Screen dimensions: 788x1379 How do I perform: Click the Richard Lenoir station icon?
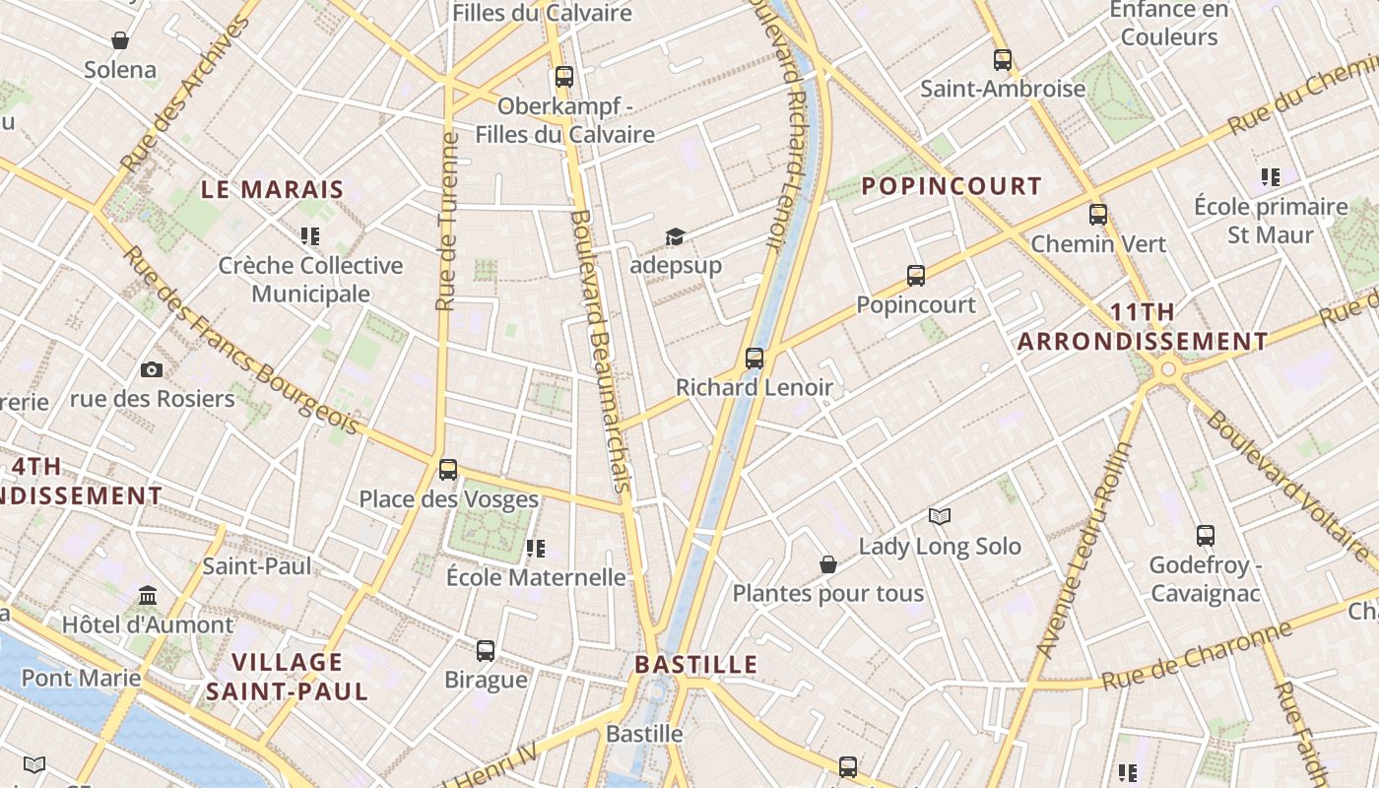755,359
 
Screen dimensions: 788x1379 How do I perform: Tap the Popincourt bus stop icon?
916,276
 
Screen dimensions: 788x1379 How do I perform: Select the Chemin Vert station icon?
1098,215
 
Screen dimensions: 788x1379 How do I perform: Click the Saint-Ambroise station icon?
1003,60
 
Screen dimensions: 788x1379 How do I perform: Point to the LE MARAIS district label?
273,189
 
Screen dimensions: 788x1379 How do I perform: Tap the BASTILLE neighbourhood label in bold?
696,664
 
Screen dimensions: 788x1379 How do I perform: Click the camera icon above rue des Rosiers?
152,369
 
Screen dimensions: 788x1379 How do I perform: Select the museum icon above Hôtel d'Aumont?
149,596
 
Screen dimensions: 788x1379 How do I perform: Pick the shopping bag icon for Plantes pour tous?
828,564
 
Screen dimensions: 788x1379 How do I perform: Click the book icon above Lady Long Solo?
941,517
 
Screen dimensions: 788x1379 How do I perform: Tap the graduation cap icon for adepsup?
675,236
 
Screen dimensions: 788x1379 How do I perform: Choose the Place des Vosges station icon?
448,470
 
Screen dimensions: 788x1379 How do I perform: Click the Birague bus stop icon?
486,651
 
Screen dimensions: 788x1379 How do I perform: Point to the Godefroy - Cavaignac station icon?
1206,536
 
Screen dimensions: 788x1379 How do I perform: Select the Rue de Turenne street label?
448,222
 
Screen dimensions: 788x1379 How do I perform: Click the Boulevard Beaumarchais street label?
599,350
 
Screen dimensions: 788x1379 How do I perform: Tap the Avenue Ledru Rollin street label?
1084,550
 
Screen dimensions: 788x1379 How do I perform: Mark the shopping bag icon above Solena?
120,40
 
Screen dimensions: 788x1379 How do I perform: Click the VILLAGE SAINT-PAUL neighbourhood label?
287,676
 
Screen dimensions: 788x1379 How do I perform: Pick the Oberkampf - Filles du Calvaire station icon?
564,77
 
